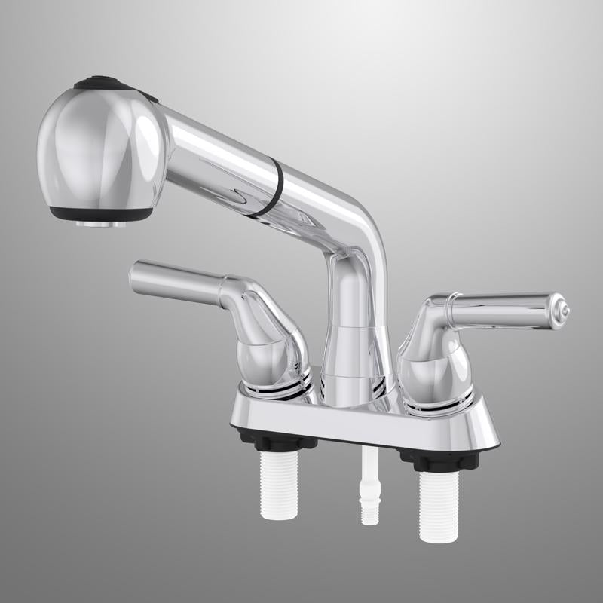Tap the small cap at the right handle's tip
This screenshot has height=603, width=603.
(x=562, y=309)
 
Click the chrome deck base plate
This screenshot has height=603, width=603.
(x=362, y=422)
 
